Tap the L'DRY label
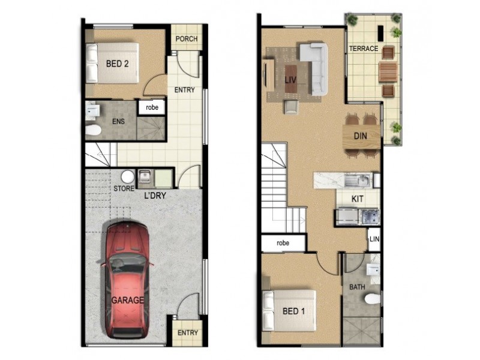click(154, 196)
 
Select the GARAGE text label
click(127, 300)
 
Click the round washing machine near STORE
click(127, 177)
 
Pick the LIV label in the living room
click(291, 79)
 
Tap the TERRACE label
click(364, 49)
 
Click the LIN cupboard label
click(374, 239)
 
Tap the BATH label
click(357, 287)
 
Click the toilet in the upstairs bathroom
click(372, 298)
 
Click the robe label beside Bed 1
click(283, 243)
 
